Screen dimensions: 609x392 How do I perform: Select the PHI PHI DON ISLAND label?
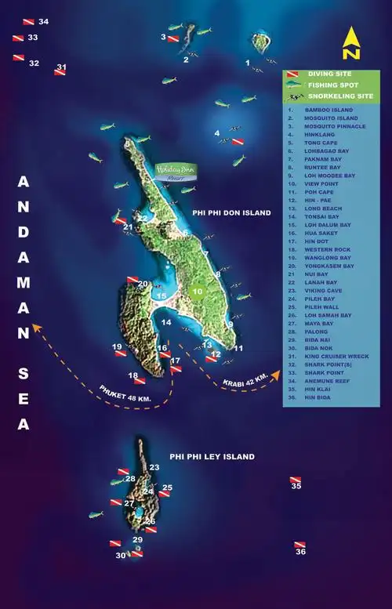click(231, 212)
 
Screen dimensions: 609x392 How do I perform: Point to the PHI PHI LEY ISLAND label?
click(212, 456)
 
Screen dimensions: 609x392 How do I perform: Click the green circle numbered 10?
click(198, 292)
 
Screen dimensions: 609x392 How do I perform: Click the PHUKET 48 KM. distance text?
click(125, 393)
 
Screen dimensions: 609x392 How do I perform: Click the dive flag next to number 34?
click(28, 22)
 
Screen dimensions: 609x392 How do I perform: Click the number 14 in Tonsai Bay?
click(166, 322)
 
